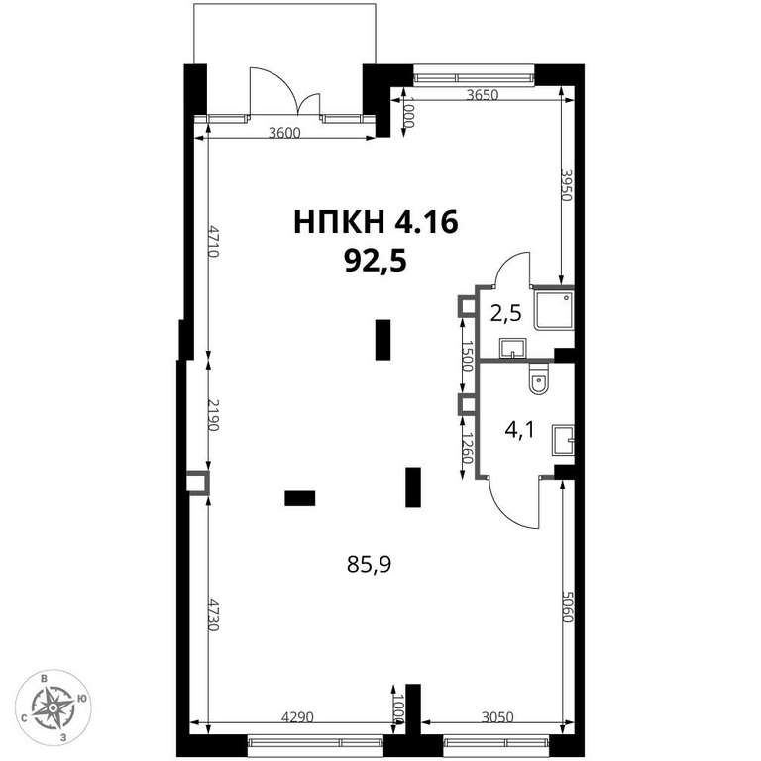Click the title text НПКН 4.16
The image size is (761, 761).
(377, 223)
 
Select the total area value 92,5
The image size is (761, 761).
(376, 262)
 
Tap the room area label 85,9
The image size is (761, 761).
(369, 564)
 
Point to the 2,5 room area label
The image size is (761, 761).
(505, 313)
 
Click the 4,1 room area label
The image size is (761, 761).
(519, 430)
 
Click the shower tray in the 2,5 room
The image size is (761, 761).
(554, 309)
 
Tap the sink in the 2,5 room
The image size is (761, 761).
(512, 348)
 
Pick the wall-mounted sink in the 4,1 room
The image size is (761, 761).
(564, 440)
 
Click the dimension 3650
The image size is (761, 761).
(482, 95)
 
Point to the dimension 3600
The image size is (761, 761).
(285, 133)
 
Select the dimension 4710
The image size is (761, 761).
(214, 240)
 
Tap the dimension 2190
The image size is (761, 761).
(214, 415)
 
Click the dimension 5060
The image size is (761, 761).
(568, 606)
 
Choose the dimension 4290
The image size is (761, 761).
(298, 716)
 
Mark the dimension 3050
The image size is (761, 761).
(497, 716)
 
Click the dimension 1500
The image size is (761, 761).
(467, 356)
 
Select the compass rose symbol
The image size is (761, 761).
(53, 708)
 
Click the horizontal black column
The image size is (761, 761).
(300, 498)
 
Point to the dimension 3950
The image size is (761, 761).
(568, 185)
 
